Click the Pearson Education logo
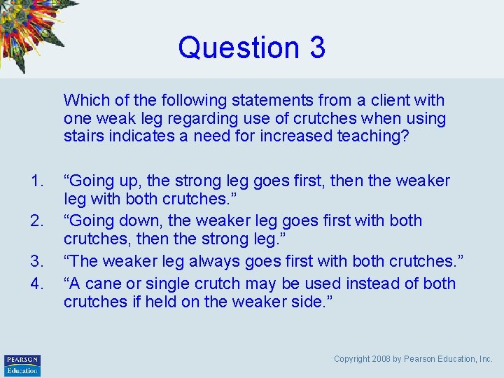(22, 365)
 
